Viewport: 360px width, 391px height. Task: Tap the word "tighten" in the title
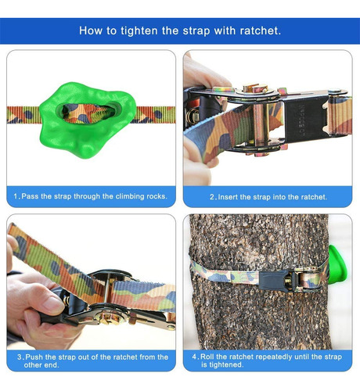[x=139, y=31]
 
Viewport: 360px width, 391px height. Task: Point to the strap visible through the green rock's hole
[x=89, y=113]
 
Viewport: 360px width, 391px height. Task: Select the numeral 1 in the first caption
[x=16, y=196]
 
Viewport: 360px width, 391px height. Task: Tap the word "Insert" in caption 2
[x=229, y=197]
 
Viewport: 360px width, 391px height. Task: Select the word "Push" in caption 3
[x=34, y=357]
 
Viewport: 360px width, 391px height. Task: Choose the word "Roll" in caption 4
[x=207, y=357]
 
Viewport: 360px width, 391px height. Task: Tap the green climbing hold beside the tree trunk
[x=337, y=264]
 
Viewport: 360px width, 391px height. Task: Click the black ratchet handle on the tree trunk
[x=273, y=280]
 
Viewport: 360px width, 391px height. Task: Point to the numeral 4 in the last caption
[x=194, y=357]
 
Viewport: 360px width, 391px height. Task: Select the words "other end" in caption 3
[x=41, y=365]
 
